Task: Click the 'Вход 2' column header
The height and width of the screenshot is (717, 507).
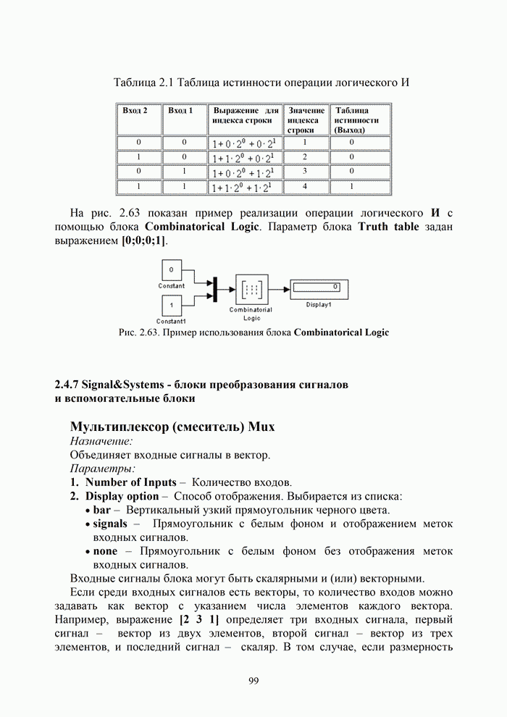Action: point(135,110)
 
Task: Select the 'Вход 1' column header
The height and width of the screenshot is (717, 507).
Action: point(180,110)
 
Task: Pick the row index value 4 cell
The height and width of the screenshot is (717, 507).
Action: point(305,187)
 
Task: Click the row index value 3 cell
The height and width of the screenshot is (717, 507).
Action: point(305,172)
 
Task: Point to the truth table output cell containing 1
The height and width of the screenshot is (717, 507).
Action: point(351,187)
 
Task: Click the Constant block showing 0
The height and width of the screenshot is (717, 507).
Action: point(171,272)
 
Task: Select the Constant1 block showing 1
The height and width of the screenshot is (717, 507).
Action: point(171,306)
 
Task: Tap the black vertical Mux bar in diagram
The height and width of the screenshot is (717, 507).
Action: point(214,288)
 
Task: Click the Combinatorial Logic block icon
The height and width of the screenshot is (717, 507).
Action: point(251,289)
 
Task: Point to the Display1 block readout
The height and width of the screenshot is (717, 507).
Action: point(317,288)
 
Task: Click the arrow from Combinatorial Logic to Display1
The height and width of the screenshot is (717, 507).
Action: point(280,288)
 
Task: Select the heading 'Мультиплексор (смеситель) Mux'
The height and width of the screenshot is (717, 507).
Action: point(172,426)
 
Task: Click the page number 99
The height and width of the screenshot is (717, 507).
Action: point(253,680)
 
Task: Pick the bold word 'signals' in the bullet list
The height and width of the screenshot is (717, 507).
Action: point(110,524)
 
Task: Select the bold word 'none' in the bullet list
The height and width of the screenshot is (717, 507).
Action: point(106,551)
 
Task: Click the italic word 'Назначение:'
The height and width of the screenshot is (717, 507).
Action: point(101,440)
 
